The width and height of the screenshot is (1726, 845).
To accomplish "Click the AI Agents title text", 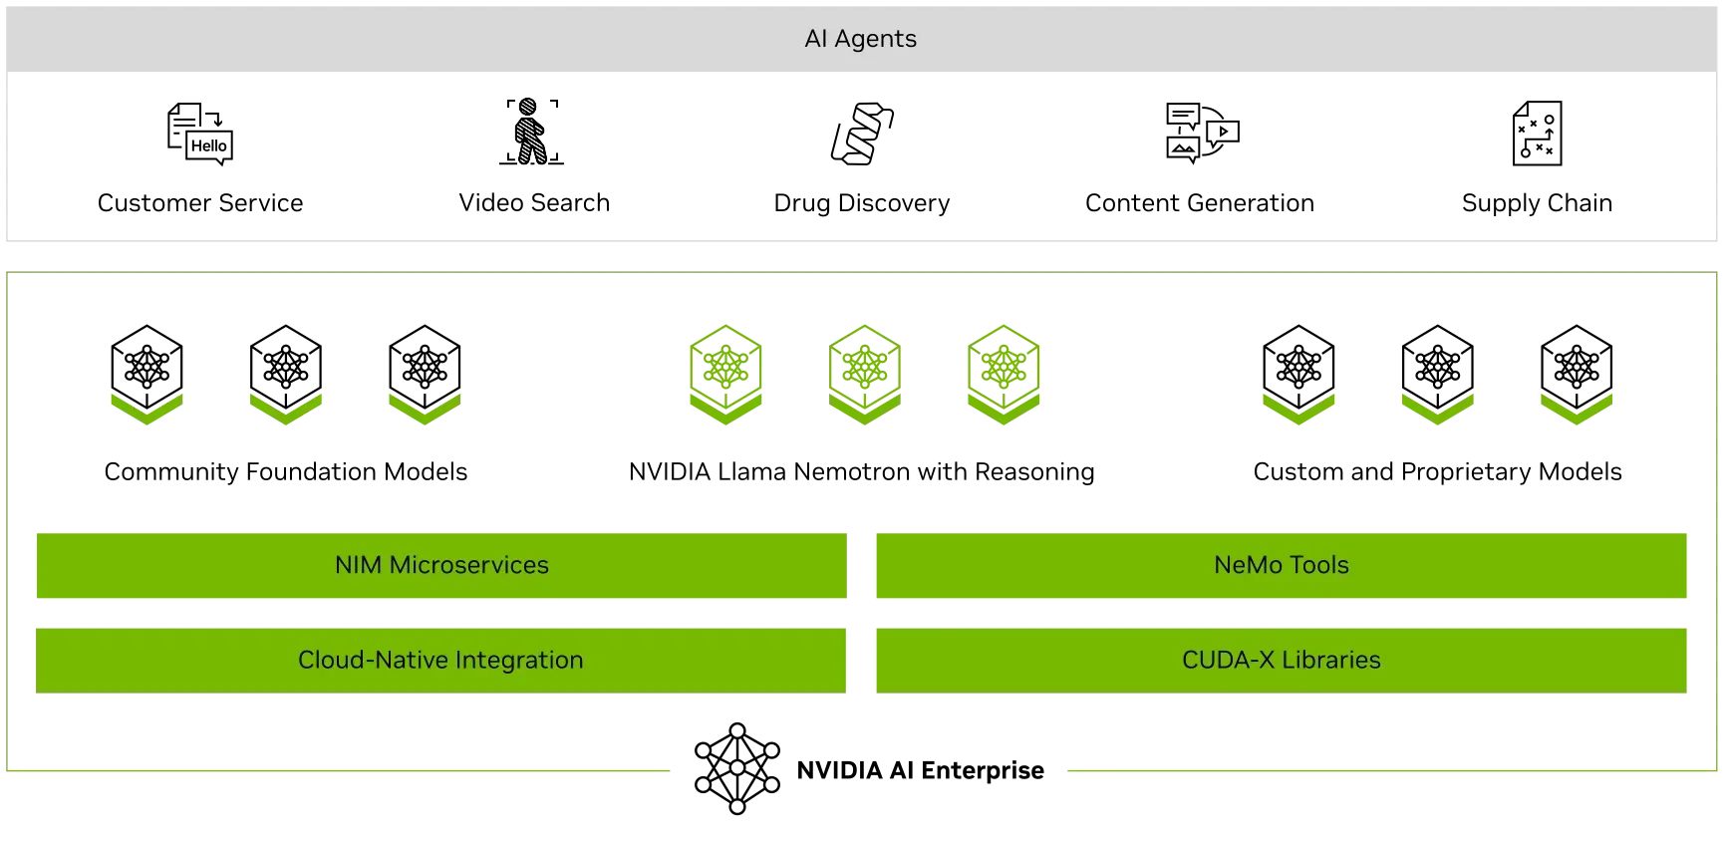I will click(x=860, y=39).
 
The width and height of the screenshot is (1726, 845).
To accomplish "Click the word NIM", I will click(x=358, y=565).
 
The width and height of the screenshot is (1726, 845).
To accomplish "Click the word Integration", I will click(x=518, y=660).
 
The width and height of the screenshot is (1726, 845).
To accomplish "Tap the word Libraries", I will click(x=1330, y=660).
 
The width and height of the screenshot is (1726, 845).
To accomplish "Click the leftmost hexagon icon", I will click(x=725, y=375).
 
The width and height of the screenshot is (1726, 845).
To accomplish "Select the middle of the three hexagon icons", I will click(x=864, y=375).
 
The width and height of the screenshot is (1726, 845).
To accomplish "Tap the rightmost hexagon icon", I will click(x=1004, y=375).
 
